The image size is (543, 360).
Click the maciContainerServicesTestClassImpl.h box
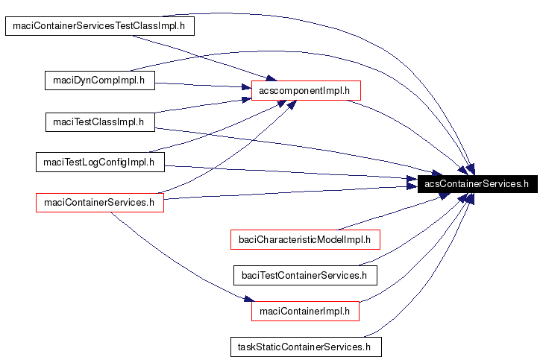(100, 27)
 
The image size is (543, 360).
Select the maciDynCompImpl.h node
(99, 80)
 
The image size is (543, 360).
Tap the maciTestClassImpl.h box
(99, 121)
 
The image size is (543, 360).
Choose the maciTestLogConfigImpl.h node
(99, 162)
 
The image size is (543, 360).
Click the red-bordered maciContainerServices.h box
(99, 202)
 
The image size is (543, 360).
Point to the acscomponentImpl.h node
(305, 91)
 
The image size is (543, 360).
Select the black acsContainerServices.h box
(477, 183)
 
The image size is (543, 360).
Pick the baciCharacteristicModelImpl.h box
(305, 239)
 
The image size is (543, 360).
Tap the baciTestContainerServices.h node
(304, 275)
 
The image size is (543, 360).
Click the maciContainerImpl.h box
(305, 311)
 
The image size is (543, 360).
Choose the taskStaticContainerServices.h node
(304, 347)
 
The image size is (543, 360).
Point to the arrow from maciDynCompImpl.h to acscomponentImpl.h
(201, 85)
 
